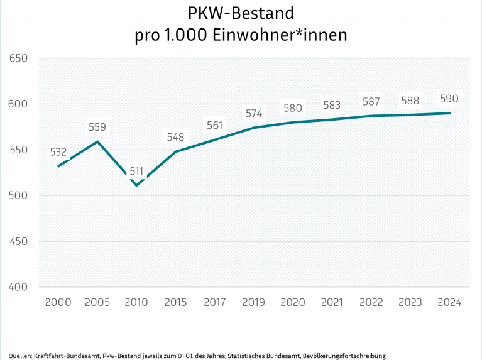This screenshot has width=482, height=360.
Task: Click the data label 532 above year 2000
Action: pos(58,151)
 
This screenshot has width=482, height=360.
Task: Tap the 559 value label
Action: pos(97,127)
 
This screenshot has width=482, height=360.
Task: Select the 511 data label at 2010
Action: pos(136,171)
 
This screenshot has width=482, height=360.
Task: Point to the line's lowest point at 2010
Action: pos(136,185)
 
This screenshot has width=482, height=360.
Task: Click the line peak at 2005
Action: pos(97,141)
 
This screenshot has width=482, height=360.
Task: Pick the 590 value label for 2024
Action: pos(449,99)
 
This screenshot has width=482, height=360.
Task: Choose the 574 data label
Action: pos(253,114)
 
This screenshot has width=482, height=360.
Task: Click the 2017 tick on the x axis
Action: pos(214,302)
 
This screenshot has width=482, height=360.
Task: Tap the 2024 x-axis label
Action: pos(449,302)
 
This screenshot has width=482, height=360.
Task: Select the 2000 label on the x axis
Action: pos(58,302)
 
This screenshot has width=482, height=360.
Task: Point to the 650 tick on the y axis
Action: pos(19,58)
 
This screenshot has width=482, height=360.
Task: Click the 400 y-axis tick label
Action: pos(19,287)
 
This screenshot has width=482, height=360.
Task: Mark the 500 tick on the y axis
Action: pos(19,195)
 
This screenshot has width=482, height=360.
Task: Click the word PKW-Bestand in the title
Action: pos(241,13)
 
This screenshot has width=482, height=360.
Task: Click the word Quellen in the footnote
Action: pos(20,356)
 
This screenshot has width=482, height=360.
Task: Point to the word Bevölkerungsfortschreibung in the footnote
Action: pos(344,356)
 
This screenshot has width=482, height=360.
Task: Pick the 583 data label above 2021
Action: pos(331,105)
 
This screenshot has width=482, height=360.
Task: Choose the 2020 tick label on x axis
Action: pos(292,302)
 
